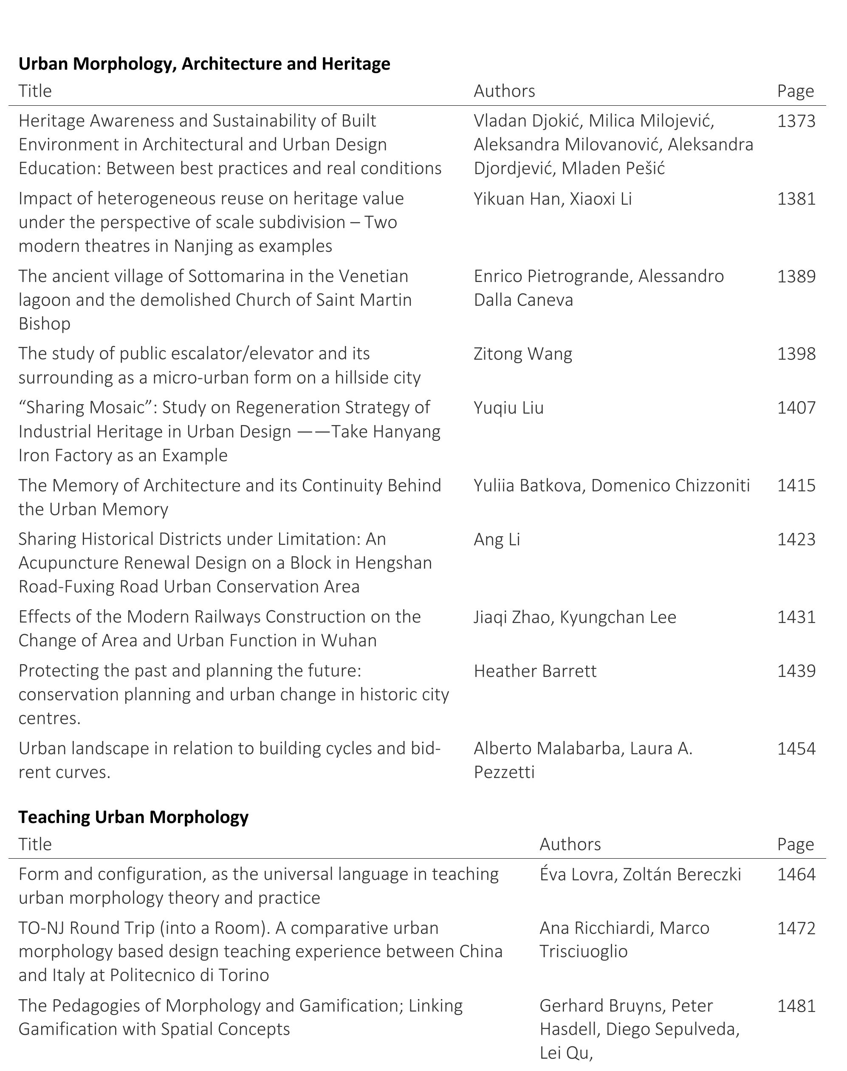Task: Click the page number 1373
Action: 796,121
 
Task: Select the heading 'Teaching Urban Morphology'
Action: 133,817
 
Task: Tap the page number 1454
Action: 796,748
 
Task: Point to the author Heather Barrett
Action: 535,671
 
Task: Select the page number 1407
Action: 796,408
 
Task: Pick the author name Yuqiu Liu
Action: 508,408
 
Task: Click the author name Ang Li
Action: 497,539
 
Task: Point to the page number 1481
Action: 796,1006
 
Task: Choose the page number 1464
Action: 796,874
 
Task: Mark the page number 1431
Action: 796,617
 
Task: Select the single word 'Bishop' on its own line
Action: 44,324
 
